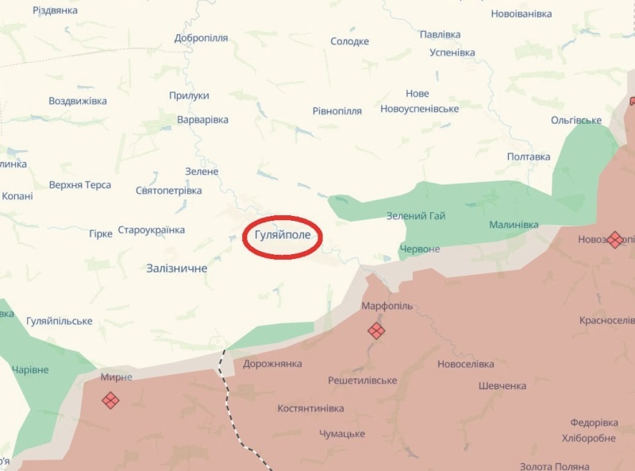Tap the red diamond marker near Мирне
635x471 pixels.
(110, 400)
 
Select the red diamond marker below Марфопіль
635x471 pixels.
(376, 330)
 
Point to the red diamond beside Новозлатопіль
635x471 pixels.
(614, 239)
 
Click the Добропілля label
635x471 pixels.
(201, 38)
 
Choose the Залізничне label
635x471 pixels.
(177, 268)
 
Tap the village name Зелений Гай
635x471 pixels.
(416, 216)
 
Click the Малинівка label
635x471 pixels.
(514, 225)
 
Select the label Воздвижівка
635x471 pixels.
(78, 101)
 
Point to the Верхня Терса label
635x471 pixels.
(80, 185)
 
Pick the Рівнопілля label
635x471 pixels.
(337, 111)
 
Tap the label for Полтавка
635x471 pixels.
(529, 156)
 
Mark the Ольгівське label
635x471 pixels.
(576, 120)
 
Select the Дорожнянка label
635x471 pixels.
(272, 364)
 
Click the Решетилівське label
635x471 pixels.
(363, 380)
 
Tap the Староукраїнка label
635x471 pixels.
(151, 230)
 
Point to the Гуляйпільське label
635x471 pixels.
(60, 321)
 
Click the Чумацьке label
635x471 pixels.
(342, 434)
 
